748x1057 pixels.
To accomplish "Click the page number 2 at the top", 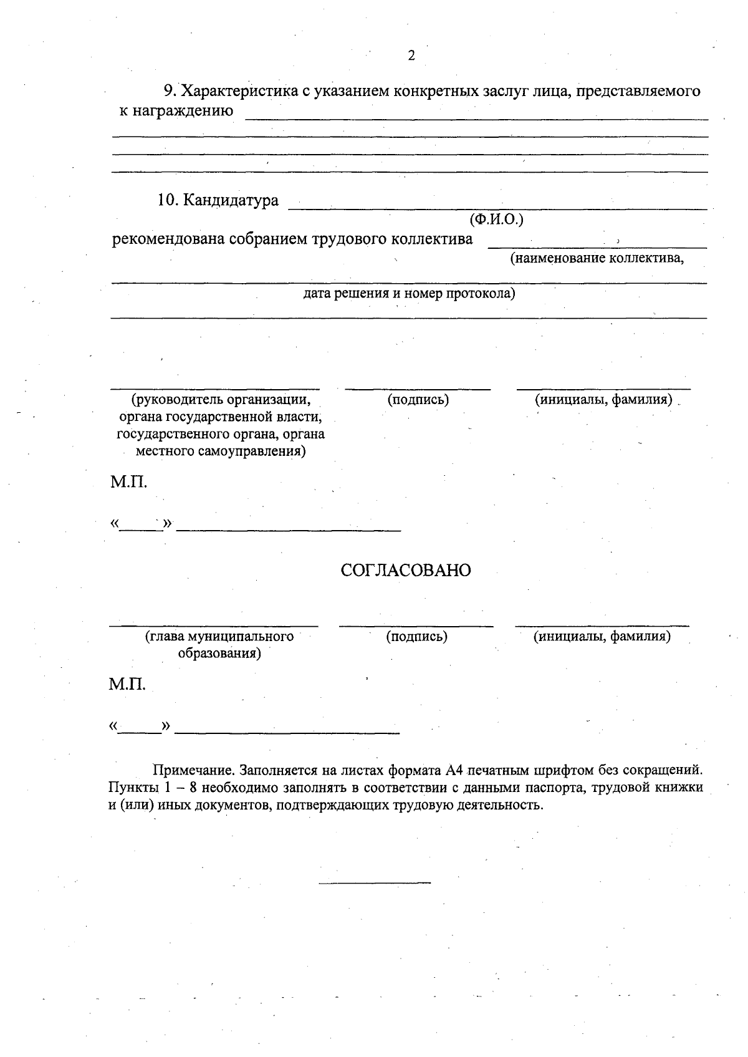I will [x=411, y=56].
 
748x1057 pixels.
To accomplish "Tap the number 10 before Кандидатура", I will [x=168, y=201].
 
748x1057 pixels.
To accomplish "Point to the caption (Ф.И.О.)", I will [x=496, y=220].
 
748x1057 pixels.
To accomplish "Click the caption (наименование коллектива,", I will [x=597, y=258].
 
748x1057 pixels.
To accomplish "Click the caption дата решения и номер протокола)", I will [x=409, y=293].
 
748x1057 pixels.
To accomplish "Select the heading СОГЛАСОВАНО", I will [x=406, y=571].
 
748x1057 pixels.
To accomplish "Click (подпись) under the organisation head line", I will [x=418, y=400].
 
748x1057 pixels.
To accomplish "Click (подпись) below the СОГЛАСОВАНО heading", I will [x=416, y=637].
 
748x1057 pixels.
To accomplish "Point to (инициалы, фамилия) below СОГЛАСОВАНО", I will [x=602, y=637].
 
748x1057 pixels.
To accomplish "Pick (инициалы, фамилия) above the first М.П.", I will [x=603, y=400].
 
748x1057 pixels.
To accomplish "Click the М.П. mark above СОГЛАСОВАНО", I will [x=129, y=483].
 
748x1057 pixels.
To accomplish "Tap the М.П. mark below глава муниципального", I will [x=128, y=685].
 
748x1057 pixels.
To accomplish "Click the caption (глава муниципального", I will [x=219, y=637].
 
